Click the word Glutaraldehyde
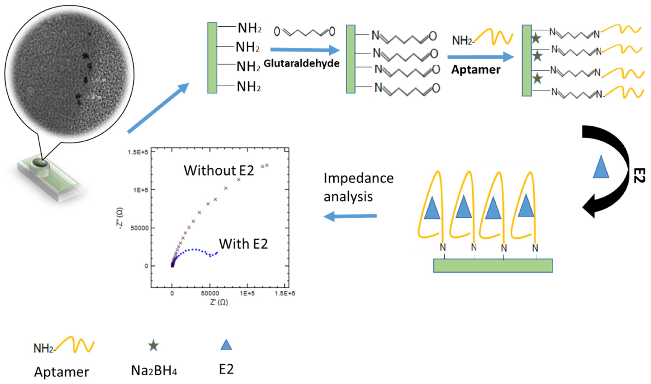point(301,63)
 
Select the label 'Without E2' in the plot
point(219,171)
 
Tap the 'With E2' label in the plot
point(243,244)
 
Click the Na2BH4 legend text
point(154,371)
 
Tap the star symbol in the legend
point(153,345)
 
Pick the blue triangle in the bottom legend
point(226,345)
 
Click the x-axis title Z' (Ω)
point(219,302)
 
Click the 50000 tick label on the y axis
point(139,228)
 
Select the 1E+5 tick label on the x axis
point(247,293)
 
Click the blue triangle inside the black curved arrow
point(601,168)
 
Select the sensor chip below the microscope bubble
point(49,179)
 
